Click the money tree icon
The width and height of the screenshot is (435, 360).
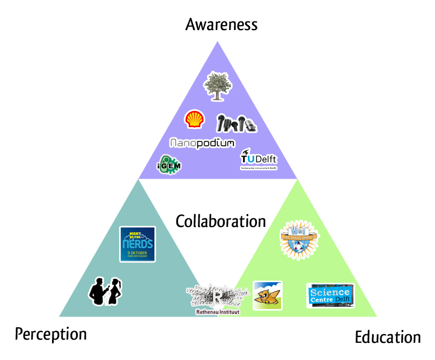(217, 86)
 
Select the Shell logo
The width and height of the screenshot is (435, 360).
(194, 120)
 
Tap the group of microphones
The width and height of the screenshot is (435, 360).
(236, 123)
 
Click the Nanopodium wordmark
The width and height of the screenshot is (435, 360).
(202, 143)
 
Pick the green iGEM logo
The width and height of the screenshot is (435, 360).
(169, 165)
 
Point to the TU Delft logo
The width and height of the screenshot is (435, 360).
(259, 160)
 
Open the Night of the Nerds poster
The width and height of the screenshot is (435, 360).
(137, 244)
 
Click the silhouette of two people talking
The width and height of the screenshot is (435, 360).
(105, 291)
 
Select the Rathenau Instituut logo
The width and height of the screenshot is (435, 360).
(217, 298)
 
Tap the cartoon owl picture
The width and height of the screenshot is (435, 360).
(267, 296)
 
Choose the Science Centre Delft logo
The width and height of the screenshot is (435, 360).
(330, 296)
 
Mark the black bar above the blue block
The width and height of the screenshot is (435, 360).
(221, 25)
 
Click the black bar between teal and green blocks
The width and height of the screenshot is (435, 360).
(220, 221)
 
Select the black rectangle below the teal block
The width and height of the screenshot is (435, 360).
(51, 335)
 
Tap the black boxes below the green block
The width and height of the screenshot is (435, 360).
(388, 336)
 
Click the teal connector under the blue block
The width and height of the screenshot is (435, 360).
(138, 188)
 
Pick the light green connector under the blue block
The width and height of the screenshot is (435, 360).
(297, 188)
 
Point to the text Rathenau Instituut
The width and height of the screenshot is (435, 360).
(217, 312)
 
